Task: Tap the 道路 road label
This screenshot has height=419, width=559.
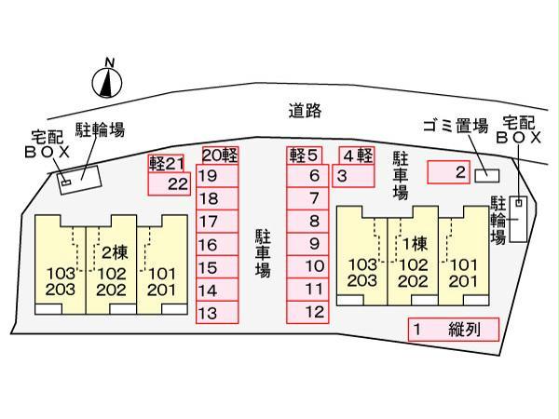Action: (x=305, y=111)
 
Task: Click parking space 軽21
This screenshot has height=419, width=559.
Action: (x=167, y=163)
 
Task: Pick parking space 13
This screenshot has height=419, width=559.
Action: (x=216, y=314)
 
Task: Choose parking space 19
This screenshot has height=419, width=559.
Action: (x=216, y=175)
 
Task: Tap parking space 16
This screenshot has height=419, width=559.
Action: (x=216, y=245)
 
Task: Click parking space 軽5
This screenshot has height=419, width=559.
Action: (x=305, y=155)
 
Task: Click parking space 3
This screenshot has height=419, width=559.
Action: (x=354, y=175)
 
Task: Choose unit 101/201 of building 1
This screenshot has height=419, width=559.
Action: (x=462, y=272)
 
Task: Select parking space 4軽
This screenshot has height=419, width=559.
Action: (x=356, y=155)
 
